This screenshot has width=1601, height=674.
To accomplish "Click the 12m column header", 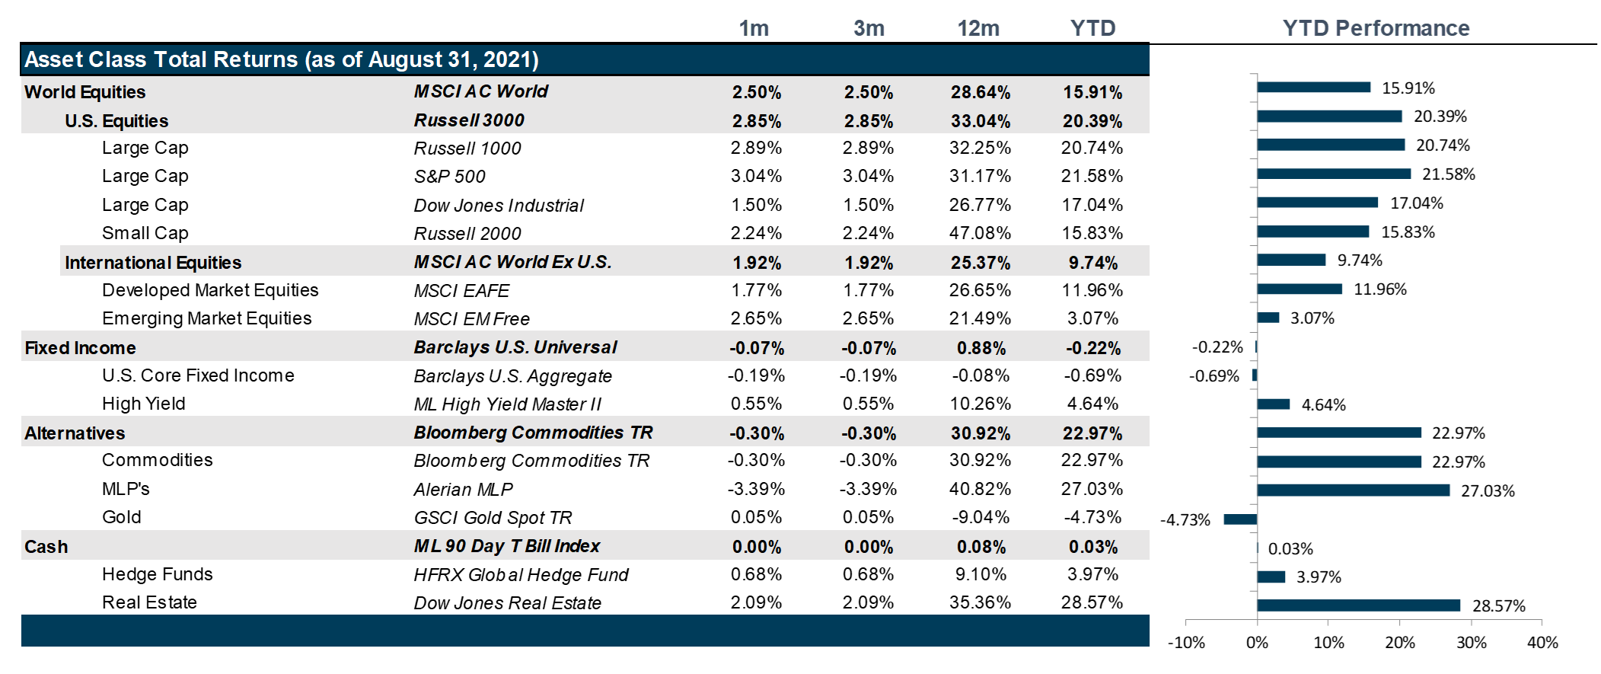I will coord(978,28).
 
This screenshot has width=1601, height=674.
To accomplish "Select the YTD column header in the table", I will coord(1092,28).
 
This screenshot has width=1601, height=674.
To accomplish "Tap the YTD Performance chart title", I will coord(1376,28).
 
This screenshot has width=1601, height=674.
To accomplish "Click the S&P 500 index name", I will coord(449,177).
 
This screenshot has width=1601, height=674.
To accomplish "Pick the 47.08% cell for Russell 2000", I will coord(980,233).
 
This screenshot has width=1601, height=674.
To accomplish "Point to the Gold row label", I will coord(122,517).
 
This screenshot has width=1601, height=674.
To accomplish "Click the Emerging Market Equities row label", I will coord(206,318).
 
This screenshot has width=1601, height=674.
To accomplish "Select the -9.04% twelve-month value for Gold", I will coord(980,517).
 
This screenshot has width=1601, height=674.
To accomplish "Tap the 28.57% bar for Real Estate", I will coord(1358,605).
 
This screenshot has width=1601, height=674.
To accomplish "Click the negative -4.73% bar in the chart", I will coord(1240,519).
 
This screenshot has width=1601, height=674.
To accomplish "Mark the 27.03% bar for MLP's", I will coord(1353,490).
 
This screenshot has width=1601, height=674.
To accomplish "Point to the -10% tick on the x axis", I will coord(1186,643).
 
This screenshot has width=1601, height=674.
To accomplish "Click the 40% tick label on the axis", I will coord(1542,643).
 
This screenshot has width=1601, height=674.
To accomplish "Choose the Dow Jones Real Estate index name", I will coord(507,603).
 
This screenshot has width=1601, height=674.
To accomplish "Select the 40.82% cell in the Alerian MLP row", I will coord(980,489).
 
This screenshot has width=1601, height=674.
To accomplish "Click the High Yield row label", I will coord(143,404).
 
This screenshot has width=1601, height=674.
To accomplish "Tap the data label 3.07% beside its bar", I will coord(1312,318).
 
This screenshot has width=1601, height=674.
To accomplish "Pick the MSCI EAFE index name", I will coord(461,291).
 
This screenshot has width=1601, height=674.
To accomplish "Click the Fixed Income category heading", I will coord(80,348).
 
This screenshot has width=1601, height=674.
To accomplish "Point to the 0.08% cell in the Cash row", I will coord(981,547).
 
